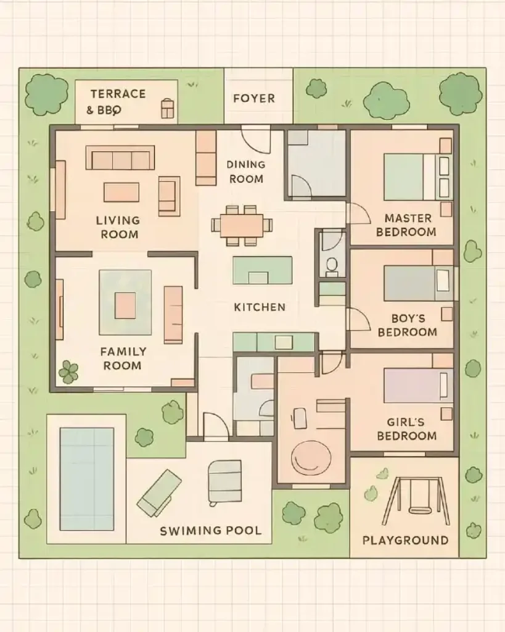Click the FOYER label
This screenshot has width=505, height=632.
[x=254, y=98]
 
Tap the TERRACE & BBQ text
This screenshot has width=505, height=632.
[x=117, y=101]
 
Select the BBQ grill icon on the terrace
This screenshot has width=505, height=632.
[x=167, y=109]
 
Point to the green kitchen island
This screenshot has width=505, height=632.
[x=262, y=270]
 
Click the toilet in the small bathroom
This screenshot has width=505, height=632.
[x=332, y=265]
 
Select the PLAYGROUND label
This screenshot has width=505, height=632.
[x=405, y=540]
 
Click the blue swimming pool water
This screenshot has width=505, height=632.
[x=87, y=478]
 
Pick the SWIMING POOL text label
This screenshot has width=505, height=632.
[x=210, y=530]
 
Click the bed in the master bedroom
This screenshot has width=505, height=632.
[x=416, y=177]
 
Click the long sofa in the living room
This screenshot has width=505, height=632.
[x=120, y=158]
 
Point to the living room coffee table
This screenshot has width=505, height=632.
[x=121, y=192]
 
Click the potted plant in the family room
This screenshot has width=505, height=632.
[x=68, y=372]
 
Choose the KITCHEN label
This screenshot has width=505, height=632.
[x=260, y=307]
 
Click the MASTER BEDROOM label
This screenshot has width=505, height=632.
[x=406, y=225]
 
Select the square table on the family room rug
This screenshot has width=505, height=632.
[x=125, y=306]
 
